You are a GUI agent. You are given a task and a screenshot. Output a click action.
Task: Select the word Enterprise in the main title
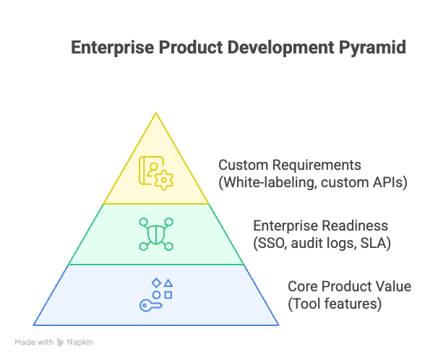(x=108, y=48)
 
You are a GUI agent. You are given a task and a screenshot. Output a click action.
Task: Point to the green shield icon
(x=156, y=234)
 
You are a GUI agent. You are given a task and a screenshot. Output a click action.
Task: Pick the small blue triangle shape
(x=168, y=283)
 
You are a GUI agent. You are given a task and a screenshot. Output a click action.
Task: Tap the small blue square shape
(x=168, y=295)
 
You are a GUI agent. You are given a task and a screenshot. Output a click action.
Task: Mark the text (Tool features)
(x=334, y=304)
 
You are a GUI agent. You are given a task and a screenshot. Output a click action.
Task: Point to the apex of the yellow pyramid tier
(x=156, y=113)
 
